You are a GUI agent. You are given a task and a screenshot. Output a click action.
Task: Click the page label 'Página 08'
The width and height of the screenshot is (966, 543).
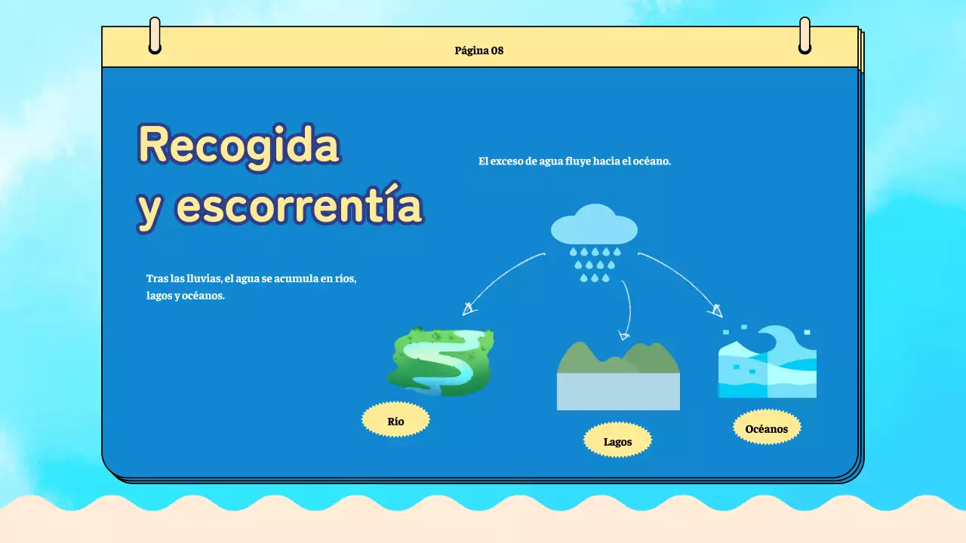coord(478,51)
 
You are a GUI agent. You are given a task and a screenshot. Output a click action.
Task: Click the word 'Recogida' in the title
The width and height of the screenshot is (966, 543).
coord(238,145)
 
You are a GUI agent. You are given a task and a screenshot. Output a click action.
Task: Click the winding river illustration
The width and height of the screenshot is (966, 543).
coord(441,361)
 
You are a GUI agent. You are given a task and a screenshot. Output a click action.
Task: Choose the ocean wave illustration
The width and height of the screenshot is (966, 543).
coord(767,362)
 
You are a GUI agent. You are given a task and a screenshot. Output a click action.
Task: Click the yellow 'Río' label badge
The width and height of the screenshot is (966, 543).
coord(395,421)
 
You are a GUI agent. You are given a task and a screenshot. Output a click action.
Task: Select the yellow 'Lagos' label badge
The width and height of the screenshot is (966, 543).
coord(617,441)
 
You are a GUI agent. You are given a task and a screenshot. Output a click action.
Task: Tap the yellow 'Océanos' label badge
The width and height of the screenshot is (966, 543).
coord(766,428)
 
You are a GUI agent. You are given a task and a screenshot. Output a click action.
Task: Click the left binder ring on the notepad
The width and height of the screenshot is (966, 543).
coord(155,35)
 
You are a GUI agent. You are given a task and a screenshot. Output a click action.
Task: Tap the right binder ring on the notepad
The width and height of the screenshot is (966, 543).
coord(804,35)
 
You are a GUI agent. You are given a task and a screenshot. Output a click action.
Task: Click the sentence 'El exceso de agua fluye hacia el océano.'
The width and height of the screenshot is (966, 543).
coord(574,161)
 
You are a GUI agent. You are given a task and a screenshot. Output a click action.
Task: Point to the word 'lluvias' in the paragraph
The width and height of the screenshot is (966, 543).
coord(202,278)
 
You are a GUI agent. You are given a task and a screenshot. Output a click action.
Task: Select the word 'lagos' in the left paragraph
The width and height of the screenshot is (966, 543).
coord(158,296)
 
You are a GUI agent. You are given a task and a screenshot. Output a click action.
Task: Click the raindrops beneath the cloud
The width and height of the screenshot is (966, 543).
coord(595,264)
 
